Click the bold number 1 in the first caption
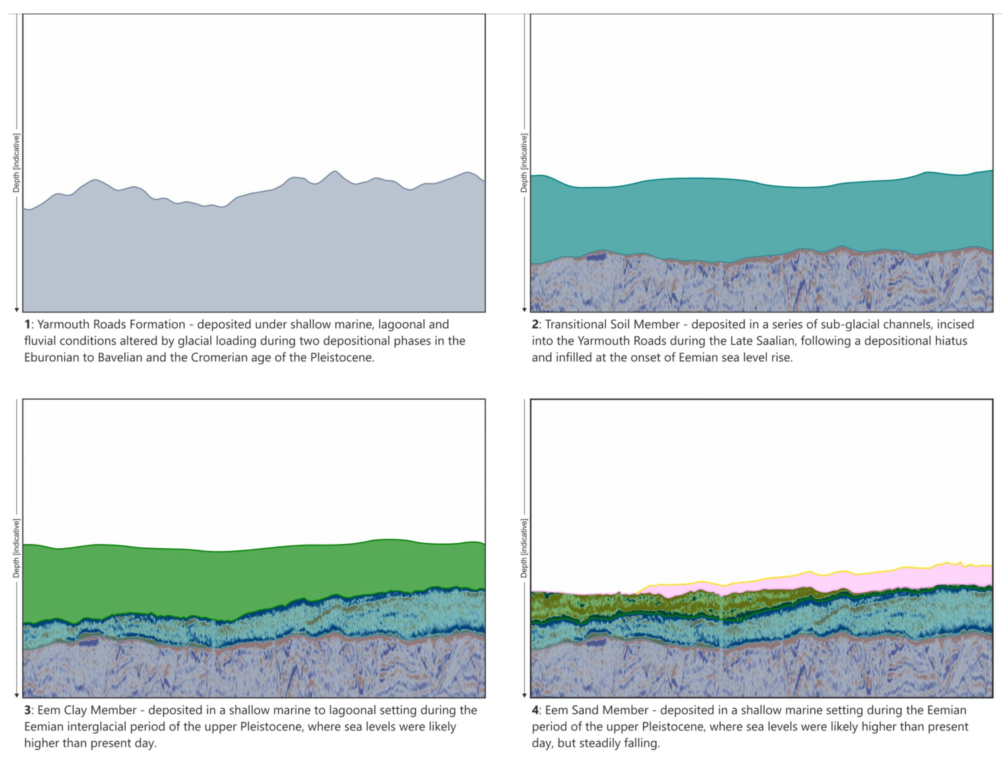click(x=27, y=325)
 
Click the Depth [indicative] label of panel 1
click(x=16, y=163)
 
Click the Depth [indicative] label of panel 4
click(x=524, y=549)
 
